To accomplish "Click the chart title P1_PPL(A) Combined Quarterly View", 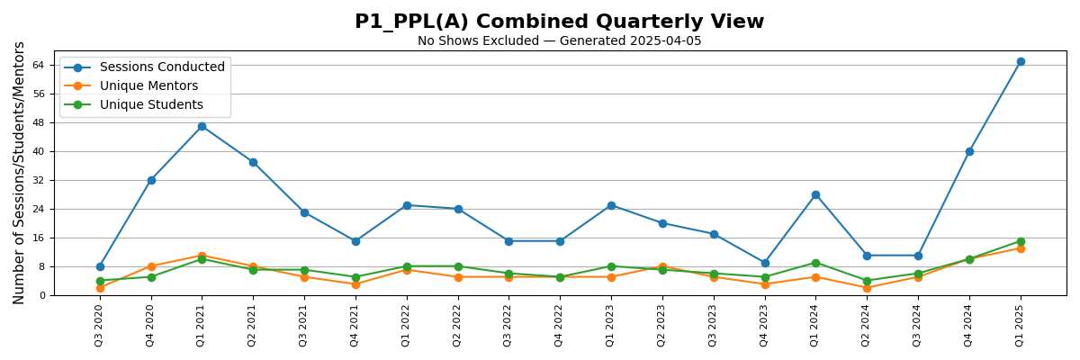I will click(559, 22).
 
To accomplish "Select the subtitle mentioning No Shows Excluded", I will click(559, 41).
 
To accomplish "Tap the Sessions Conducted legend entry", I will click(162, 67).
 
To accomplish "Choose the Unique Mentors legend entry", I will click(148, 86).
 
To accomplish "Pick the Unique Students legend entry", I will click(151, 105).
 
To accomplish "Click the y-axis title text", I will click(19, 173).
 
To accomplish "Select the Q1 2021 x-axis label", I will click(202, 325).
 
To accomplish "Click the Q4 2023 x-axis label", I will click(765, 325).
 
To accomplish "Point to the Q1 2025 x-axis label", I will click(1021, 325).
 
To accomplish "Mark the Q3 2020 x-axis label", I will click(100, 325).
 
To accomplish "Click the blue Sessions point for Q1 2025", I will click(1021, 61).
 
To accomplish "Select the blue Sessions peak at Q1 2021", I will click(202, 126).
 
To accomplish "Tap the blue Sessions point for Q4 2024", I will click(969, 151).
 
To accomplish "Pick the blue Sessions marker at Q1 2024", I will click(815, 194).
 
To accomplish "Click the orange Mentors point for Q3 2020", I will click(100, 288).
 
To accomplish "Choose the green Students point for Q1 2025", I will click(1021, 241).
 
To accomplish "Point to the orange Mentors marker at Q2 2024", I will click(867, 288).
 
